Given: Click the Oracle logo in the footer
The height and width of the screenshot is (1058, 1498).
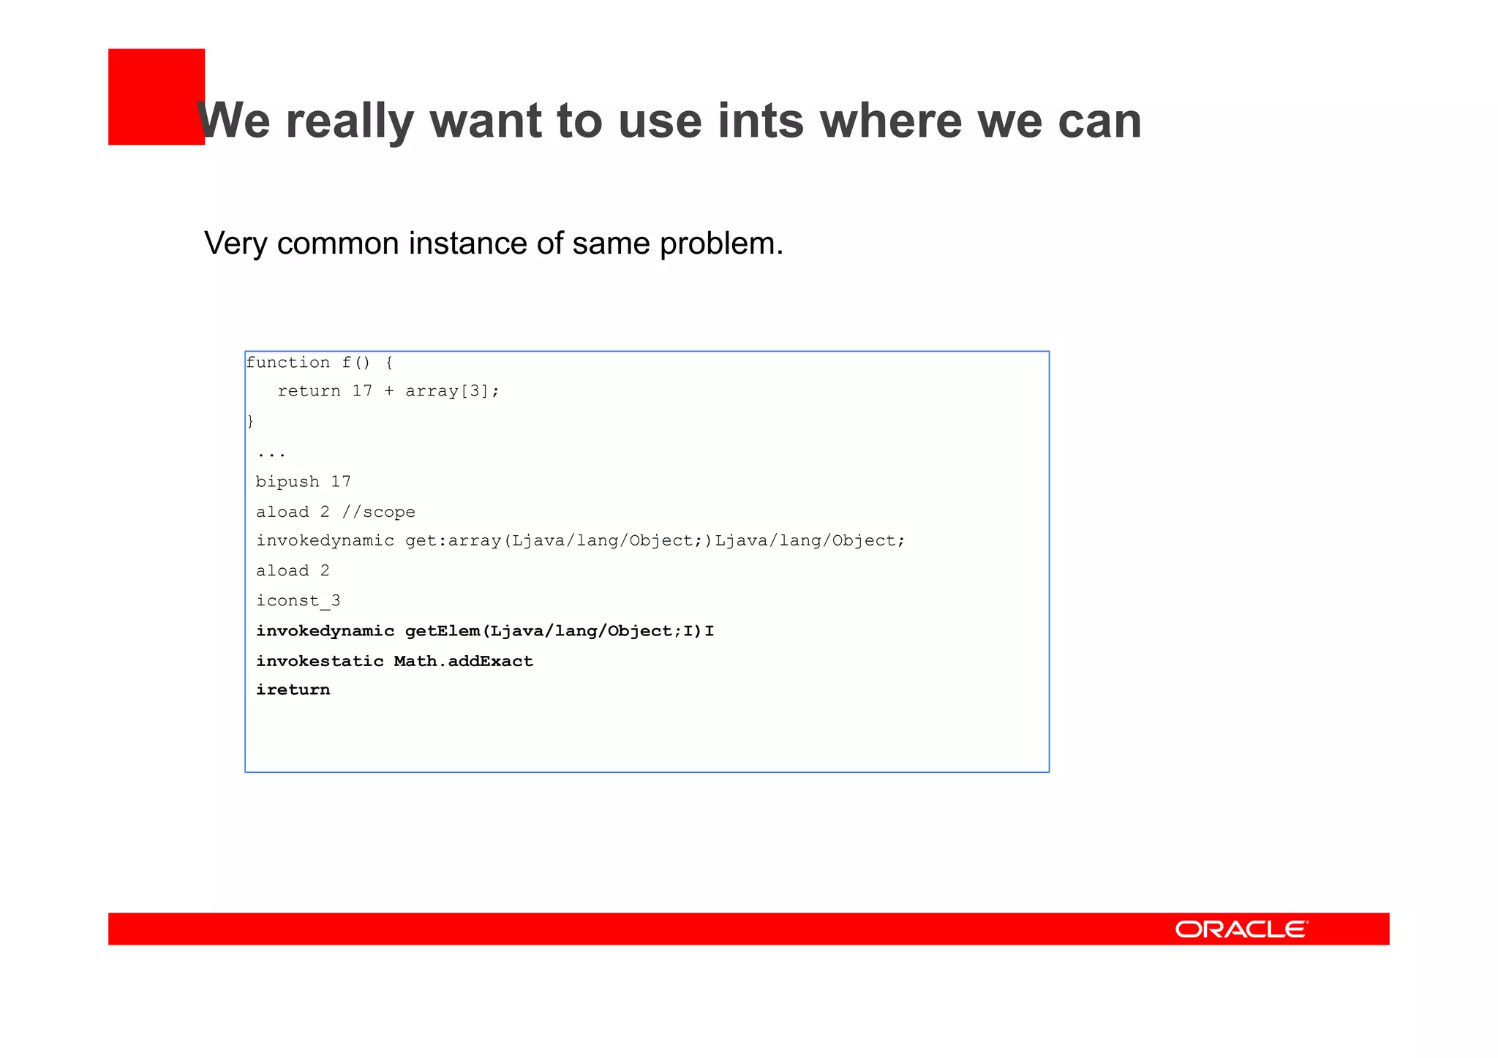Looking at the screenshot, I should click(1241, 929).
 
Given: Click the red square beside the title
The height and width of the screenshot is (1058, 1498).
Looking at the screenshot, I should click(156, 97).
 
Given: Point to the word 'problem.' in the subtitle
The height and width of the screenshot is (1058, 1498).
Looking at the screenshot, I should click(721, 244).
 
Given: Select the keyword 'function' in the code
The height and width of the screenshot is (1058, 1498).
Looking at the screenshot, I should click(288, 363).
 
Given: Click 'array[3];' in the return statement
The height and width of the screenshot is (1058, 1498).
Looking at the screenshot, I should click(452, 391).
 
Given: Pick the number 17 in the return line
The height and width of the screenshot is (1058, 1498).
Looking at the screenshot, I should click(362, 391).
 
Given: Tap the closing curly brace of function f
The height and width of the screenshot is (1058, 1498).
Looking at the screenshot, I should click(250, 421).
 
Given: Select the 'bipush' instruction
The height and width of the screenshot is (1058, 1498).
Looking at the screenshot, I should click(287, 482).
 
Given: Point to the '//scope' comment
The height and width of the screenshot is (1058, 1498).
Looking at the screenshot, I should click(378, 512).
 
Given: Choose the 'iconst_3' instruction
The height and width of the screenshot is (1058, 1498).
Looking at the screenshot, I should click(298, 601).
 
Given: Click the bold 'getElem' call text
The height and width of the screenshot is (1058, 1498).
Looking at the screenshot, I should click(443, 631).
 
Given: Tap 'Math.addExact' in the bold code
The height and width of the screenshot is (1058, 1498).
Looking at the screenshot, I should click(464, 661).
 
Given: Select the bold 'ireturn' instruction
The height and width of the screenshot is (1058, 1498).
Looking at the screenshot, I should click(293, 690).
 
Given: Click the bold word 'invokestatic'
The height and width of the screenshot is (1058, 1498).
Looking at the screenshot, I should click(320, 661).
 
